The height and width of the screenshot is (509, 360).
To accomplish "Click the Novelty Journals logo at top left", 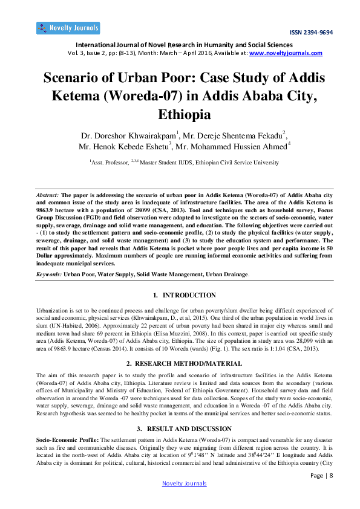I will [68, 28].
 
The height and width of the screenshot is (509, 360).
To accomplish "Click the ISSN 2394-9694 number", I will [311, 32].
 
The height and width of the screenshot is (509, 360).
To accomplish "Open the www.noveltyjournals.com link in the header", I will [286, 53].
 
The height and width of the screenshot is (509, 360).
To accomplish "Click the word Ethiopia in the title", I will [185, 114].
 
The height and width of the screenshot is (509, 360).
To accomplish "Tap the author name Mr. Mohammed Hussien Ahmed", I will [231, 147].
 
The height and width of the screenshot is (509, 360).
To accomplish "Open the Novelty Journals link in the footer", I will [185, 483].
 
